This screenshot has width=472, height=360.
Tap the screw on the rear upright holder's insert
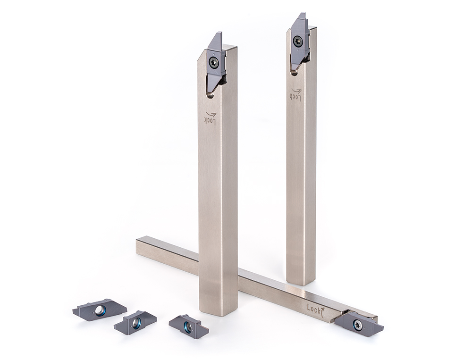click(x=298, y=41)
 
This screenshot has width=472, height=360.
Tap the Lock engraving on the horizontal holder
click(x=315, y=309)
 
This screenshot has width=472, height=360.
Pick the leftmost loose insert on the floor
click(x=100, y=310)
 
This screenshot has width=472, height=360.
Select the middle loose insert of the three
click(x=135, y=322)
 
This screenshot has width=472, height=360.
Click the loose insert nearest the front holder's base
click(x=188, y=326)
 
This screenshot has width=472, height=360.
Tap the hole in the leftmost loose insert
click(x=100, y=310)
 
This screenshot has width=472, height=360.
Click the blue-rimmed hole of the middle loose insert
click(x=136, y=323)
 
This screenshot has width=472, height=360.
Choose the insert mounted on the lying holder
click(x=358, y=323)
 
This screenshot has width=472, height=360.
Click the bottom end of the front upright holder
click(x=218, y=309)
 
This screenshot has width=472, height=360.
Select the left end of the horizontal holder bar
click(x=140, y=246)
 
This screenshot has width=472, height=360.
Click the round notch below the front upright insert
click(x=210, y=94)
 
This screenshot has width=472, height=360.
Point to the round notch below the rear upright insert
click(x=294, y=72)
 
